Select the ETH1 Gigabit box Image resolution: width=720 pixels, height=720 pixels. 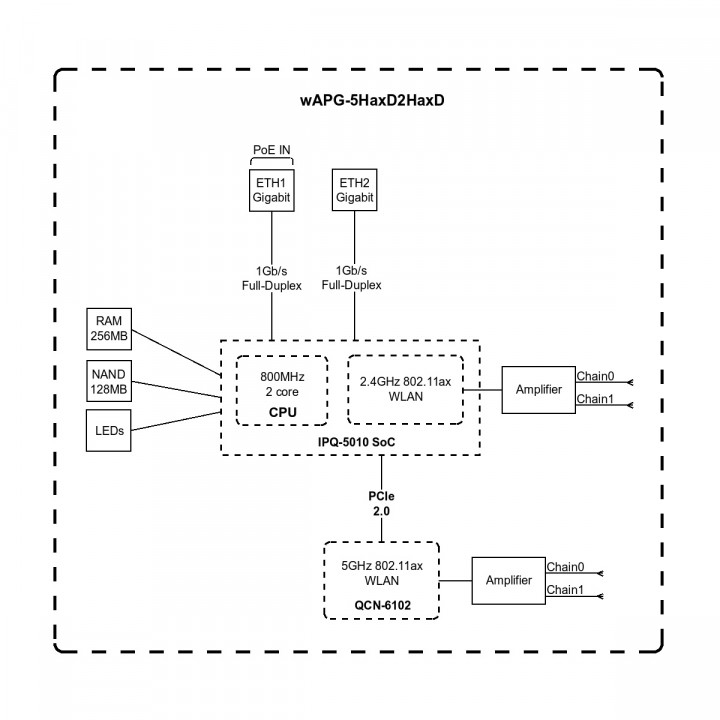271,190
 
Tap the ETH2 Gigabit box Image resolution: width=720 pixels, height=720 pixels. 355,190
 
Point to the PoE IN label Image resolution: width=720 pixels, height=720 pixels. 271,151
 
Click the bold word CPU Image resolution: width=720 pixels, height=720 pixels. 283,412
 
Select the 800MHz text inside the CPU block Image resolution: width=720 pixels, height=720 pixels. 283,377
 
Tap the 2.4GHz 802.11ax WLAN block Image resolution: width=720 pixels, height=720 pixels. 406,389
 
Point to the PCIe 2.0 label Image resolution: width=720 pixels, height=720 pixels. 381,503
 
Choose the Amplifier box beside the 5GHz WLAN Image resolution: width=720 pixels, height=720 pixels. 509,580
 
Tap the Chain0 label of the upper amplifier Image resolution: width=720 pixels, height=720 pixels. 595,376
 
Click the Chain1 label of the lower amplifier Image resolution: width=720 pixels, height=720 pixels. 565,589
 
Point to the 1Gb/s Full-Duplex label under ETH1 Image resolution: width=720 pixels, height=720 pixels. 271,278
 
